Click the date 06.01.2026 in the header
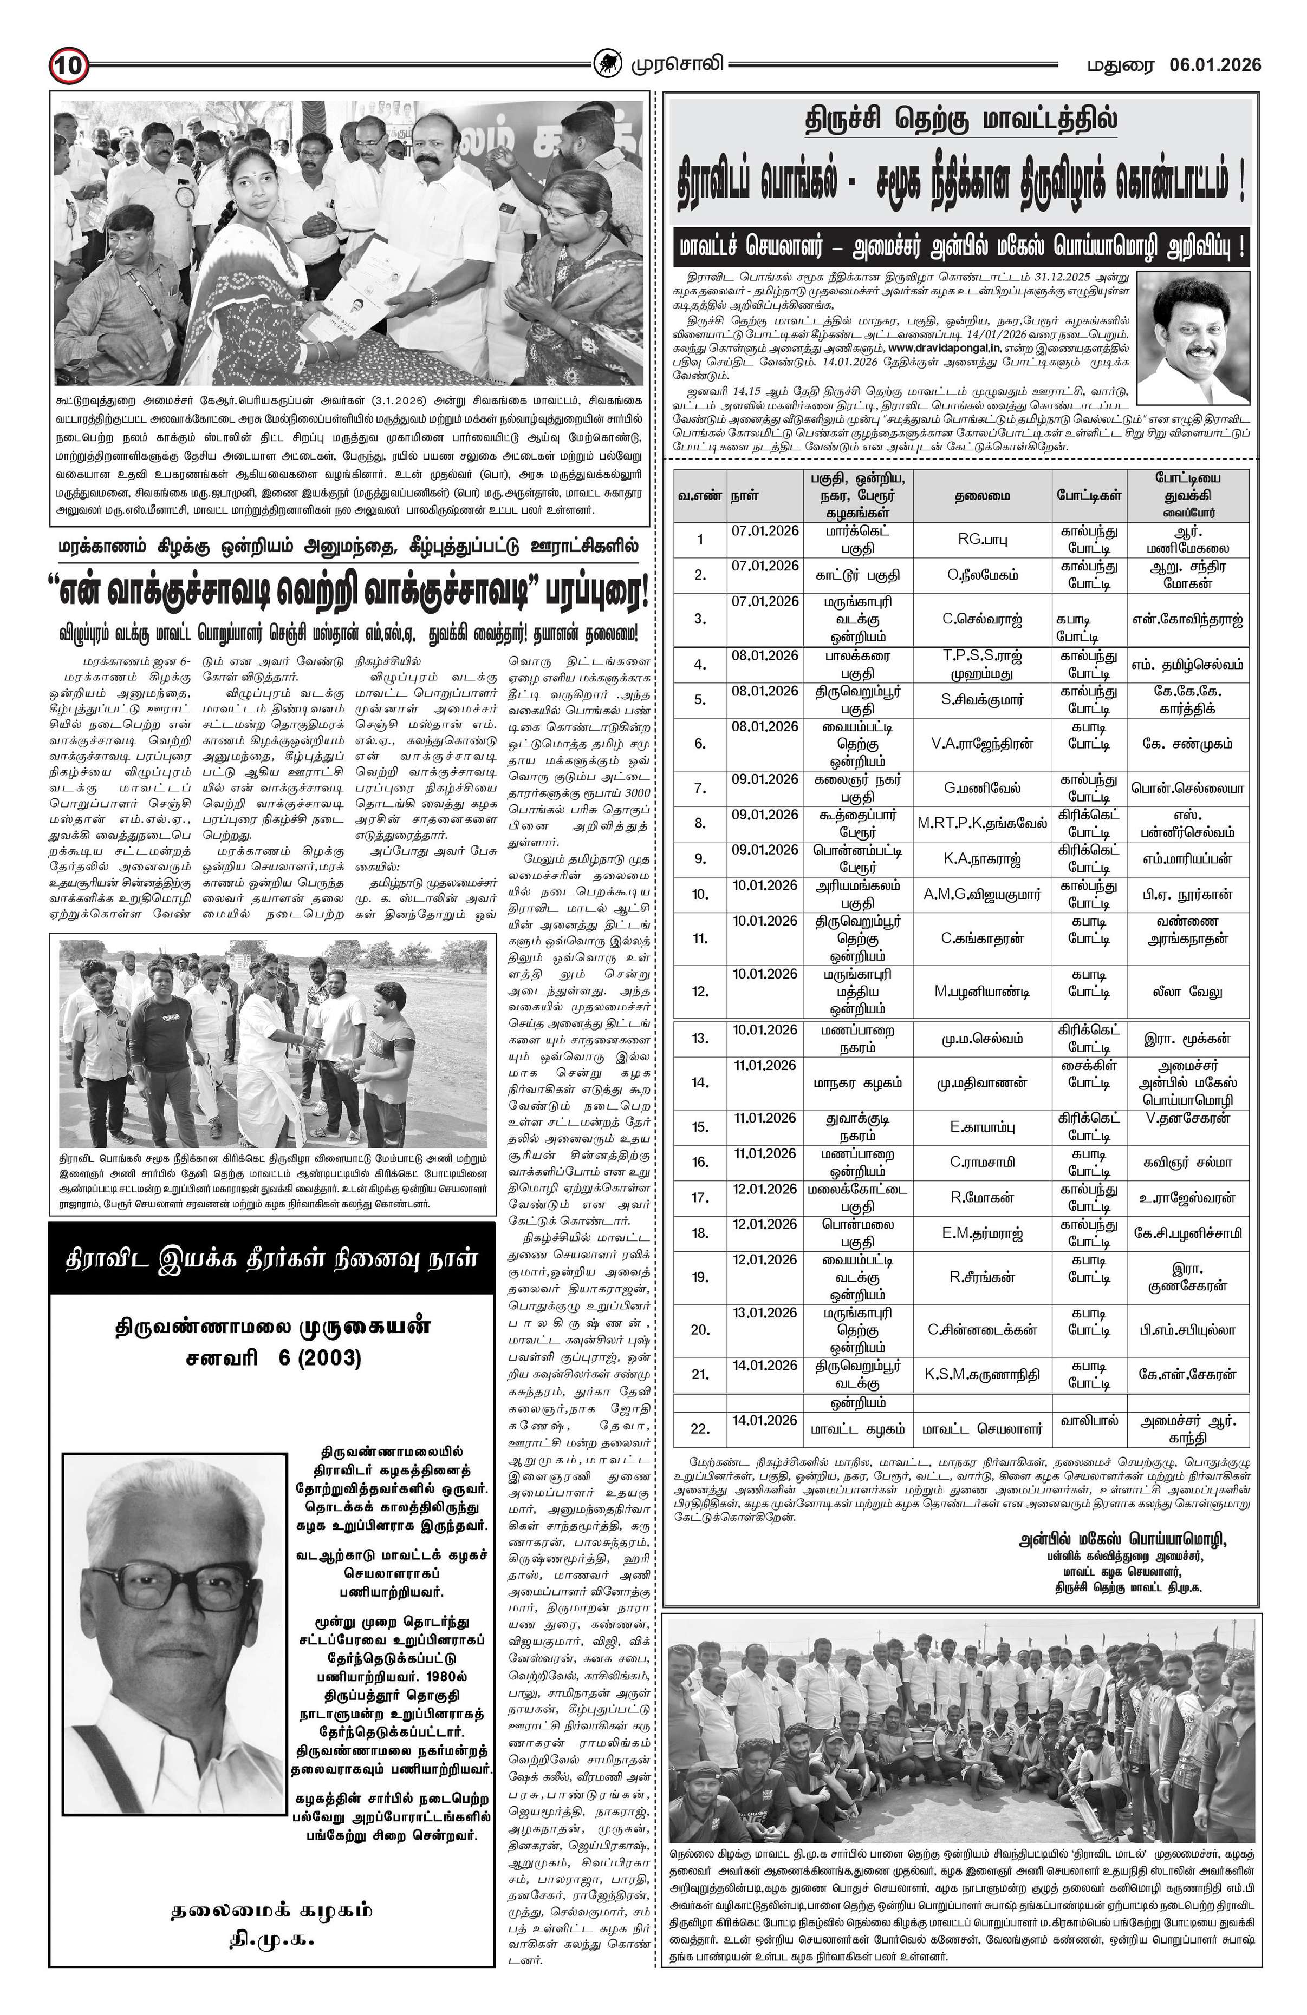point(1215,65)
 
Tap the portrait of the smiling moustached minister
point(1193,337)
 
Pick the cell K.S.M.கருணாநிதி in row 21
point(981,1373)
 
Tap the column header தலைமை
point(981,495)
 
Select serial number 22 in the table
point(699,1428)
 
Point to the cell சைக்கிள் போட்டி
point(1089,1074)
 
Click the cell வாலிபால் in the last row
point(1089,1420)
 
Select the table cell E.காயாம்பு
point(981,1127)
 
